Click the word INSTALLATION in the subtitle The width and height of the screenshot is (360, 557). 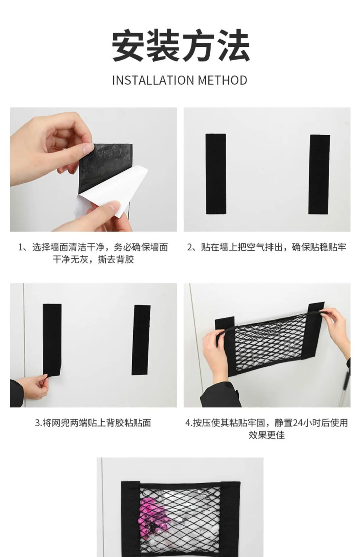tap(153, 80)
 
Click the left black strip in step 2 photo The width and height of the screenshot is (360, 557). tap(216, 174)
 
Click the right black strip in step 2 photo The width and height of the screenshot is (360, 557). tap(319, 174)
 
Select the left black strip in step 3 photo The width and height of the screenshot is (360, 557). tap(52, 339)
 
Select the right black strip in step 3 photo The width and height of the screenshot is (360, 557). tap(141, 340)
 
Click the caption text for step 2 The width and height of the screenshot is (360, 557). tap(267, 247)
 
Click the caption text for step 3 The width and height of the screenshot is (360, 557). tap(93, 423)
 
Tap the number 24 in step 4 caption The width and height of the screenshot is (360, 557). tap(298, 423)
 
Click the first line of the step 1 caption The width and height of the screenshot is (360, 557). tap(93, 247)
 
